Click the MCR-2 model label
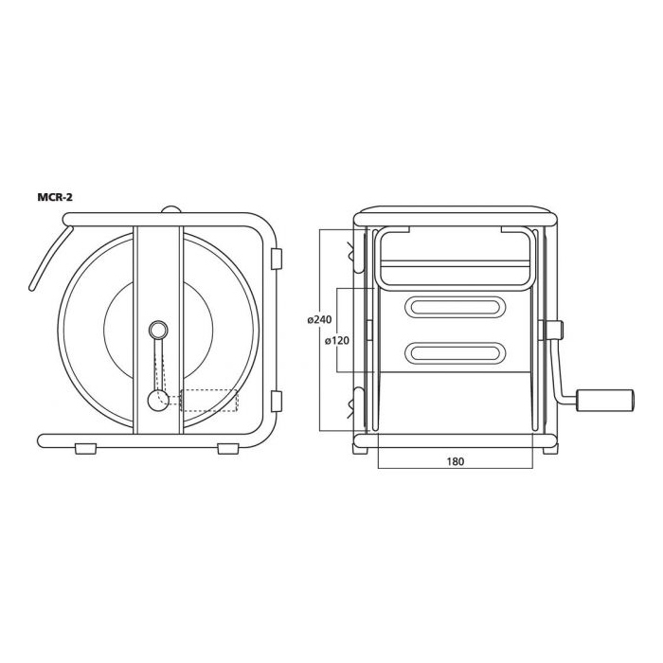(x=55, y=197)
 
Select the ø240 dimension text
(x=319, y=320)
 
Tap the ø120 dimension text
(x=337, y=340)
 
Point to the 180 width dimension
(x=456, y=461)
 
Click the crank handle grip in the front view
(x=604, y=400)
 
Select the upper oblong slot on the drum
(x=456, y=306)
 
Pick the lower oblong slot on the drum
(x=456, y=351)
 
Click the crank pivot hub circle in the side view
(x=158, y=330)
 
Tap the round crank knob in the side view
(x=158, y=401)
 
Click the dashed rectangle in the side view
(x=209, y=401)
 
